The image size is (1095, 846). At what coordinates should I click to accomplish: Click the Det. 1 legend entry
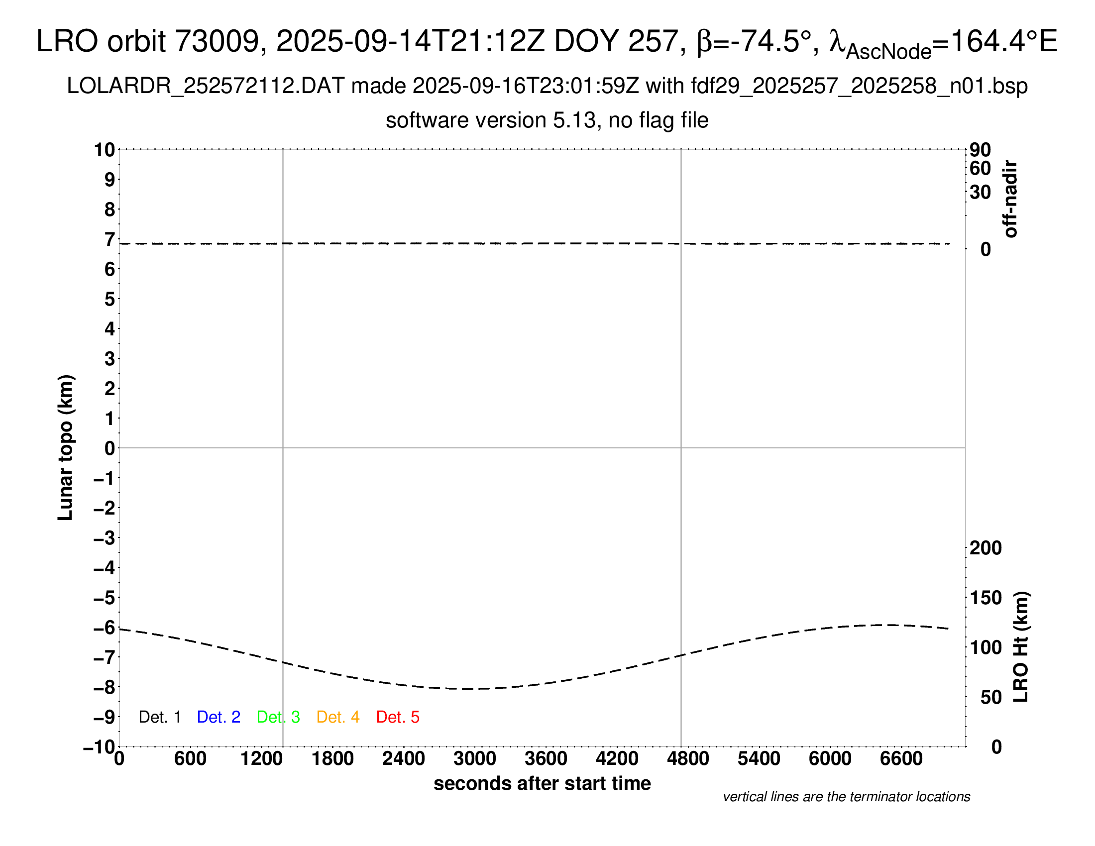tap(159, 717)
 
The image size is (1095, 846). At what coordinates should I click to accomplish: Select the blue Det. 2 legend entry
tap(219, 717)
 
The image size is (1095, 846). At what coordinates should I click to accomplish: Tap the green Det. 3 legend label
tap(278, 717)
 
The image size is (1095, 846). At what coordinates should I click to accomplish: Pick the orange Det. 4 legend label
tap(338, 717)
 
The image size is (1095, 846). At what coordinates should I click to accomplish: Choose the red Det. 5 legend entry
tap(398, 717)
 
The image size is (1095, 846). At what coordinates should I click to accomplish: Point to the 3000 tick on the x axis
tap(475, 759)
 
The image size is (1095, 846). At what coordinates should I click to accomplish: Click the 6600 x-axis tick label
tap(901, 759)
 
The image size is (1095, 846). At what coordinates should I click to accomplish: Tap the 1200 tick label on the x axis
tap(261, 759)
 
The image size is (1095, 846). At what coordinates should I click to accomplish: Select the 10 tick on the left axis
tap(105, 149)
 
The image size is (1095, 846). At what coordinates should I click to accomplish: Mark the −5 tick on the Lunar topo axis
tap(105, 598)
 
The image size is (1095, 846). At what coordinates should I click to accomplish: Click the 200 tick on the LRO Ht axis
tap(985, 548)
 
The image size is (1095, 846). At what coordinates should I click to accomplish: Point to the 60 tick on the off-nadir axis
tap(980, 168)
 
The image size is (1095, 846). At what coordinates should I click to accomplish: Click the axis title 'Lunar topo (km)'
tap(66, 447)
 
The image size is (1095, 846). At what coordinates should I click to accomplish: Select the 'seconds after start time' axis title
tap(542, 783)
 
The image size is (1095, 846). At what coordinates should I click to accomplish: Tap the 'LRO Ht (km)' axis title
tap(1021, 647)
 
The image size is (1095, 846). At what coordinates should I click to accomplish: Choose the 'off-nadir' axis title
tap(1010, 199)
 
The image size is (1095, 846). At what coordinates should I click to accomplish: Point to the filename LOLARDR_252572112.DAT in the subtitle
tap(206, 86)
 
